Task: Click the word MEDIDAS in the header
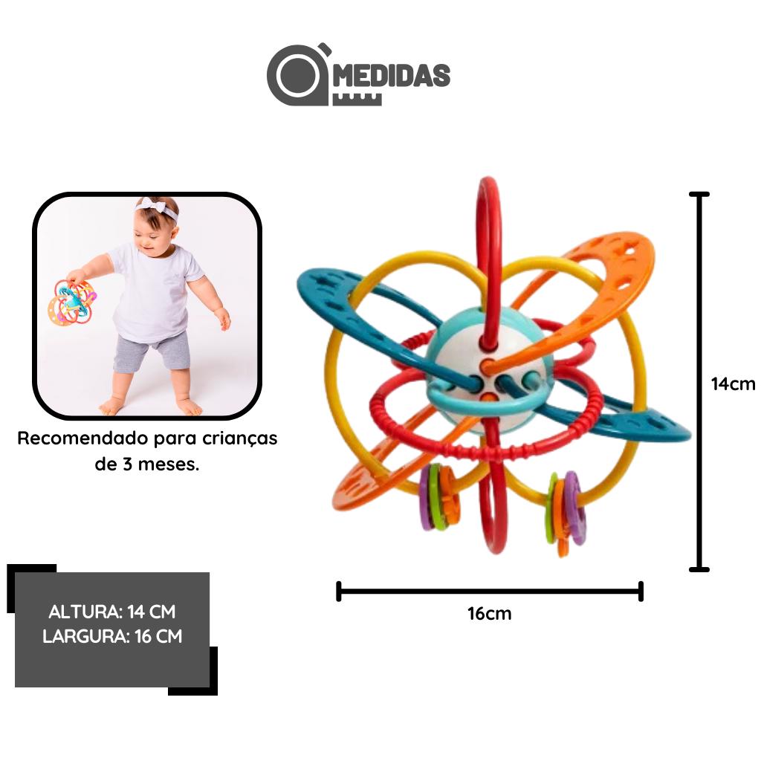[x=392, y=76]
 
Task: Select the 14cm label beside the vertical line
[x=733, y=384]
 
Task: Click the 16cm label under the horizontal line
[x=489, y=613]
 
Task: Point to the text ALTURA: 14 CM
[x=112, y=612]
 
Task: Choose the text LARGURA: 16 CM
[x=112, y=636]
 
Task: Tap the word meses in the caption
[x=168, y=464]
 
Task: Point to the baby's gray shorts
[x=152, y=351]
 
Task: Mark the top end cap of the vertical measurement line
[x=699, y=194]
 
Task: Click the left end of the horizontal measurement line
[x=339, y=591]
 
